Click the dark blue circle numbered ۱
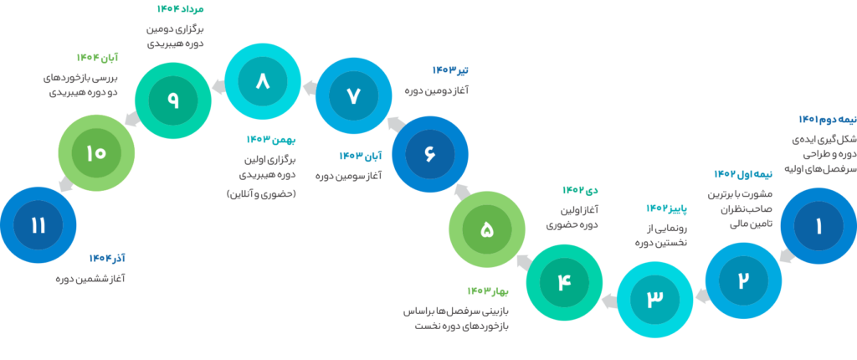[819, 226]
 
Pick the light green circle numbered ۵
[486, 229]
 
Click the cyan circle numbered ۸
[263, 81]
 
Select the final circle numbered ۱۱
[38, 225]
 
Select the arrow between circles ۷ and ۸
[308, 85]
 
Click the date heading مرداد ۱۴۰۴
[181, 9]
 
